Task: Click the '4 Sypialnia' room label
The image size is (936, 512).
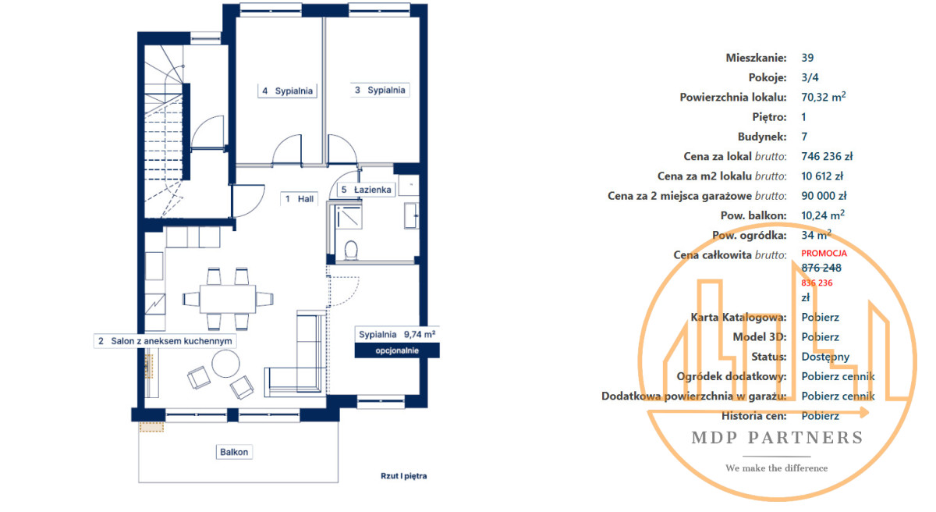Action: pyautogui.click(x=288, y=91)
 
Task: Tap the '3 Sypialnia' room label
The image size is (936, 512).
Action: pyautogui.click(x=380, y=90)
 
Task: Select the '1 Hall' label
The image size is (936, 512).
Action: pyautogui.click(x=300, y=199)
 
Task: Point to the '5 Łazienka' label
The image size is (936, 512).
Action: pyautogui.click(x=366, y=190)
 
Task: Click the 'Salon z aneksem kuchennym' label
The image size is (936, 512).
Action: pyautogui.click(x=165, y=341)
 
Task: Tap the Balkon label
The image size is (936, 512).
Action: pyautogui.click(x=234, y=452)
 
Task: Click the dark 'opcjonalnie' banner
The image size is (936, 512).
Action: pyautogui.click(x=397, y=350)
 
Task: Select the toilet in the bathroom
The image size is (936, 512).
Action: pyautogui.click(x=351, y=251)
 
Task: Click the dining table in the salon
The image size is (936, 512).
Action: pyautogui.click(x=228, y=299)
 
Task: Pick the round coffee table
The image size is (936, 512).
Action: pyautogui.click(x=225, y=364)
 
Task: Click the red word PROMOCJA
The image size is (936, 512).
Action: pyautogui.click(x=824, y=254)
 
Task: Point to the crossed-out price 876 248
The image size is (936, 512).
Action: pyautogui.click(x=821, y=268)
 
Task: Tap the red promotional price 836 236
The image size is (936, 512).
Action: pyautogui.click(x=817, y=283)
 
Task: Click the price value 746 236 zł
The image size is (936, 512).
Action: pyautogui.click(x=827, y=156)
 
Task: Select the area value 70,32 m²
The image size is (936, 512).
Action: pyautogui.click(x=824, y=97)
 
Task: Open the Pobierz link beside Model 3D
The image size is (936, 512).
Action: pyautogui.click(x=820, y=337)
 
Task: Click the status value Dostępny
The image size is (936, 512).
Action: pyautogui.click(x=825, y=357)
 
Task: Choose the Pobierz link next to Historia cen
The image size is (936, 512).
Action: pyautogui.click(x=820, y=416)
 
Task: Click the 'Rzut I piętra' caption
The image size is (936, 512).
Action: pyautogui.click(x=404, y=476)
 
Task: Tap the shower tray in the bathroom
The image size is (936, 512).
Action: pyautogui.click(x=349, y=216)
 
